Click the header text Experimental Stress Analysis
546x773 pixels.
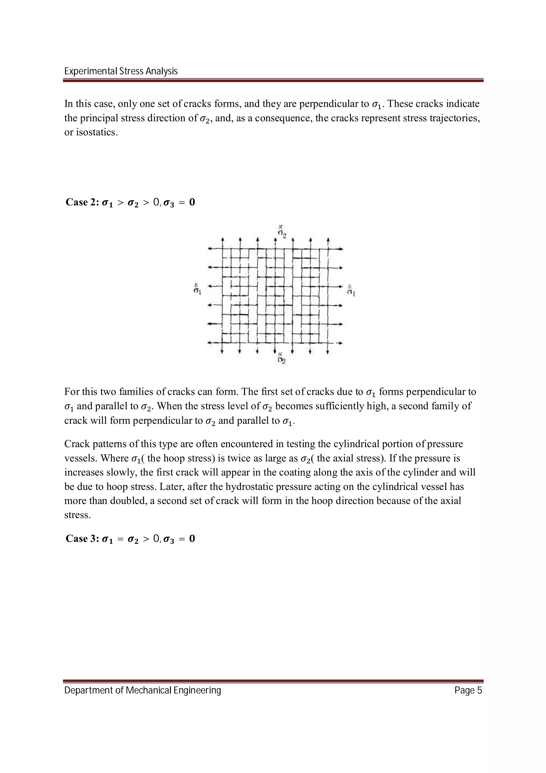pyautogui.click(x=121, y=71)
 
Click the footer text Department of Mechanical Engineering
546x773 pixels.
pyautogui.click(x=143, y=691)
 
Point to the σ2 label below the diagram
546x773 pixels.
pyautogui.click(x=282, y=361)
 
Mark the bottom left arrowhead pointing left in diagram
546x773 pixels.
pyautogui.click(x=210, y=343)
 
